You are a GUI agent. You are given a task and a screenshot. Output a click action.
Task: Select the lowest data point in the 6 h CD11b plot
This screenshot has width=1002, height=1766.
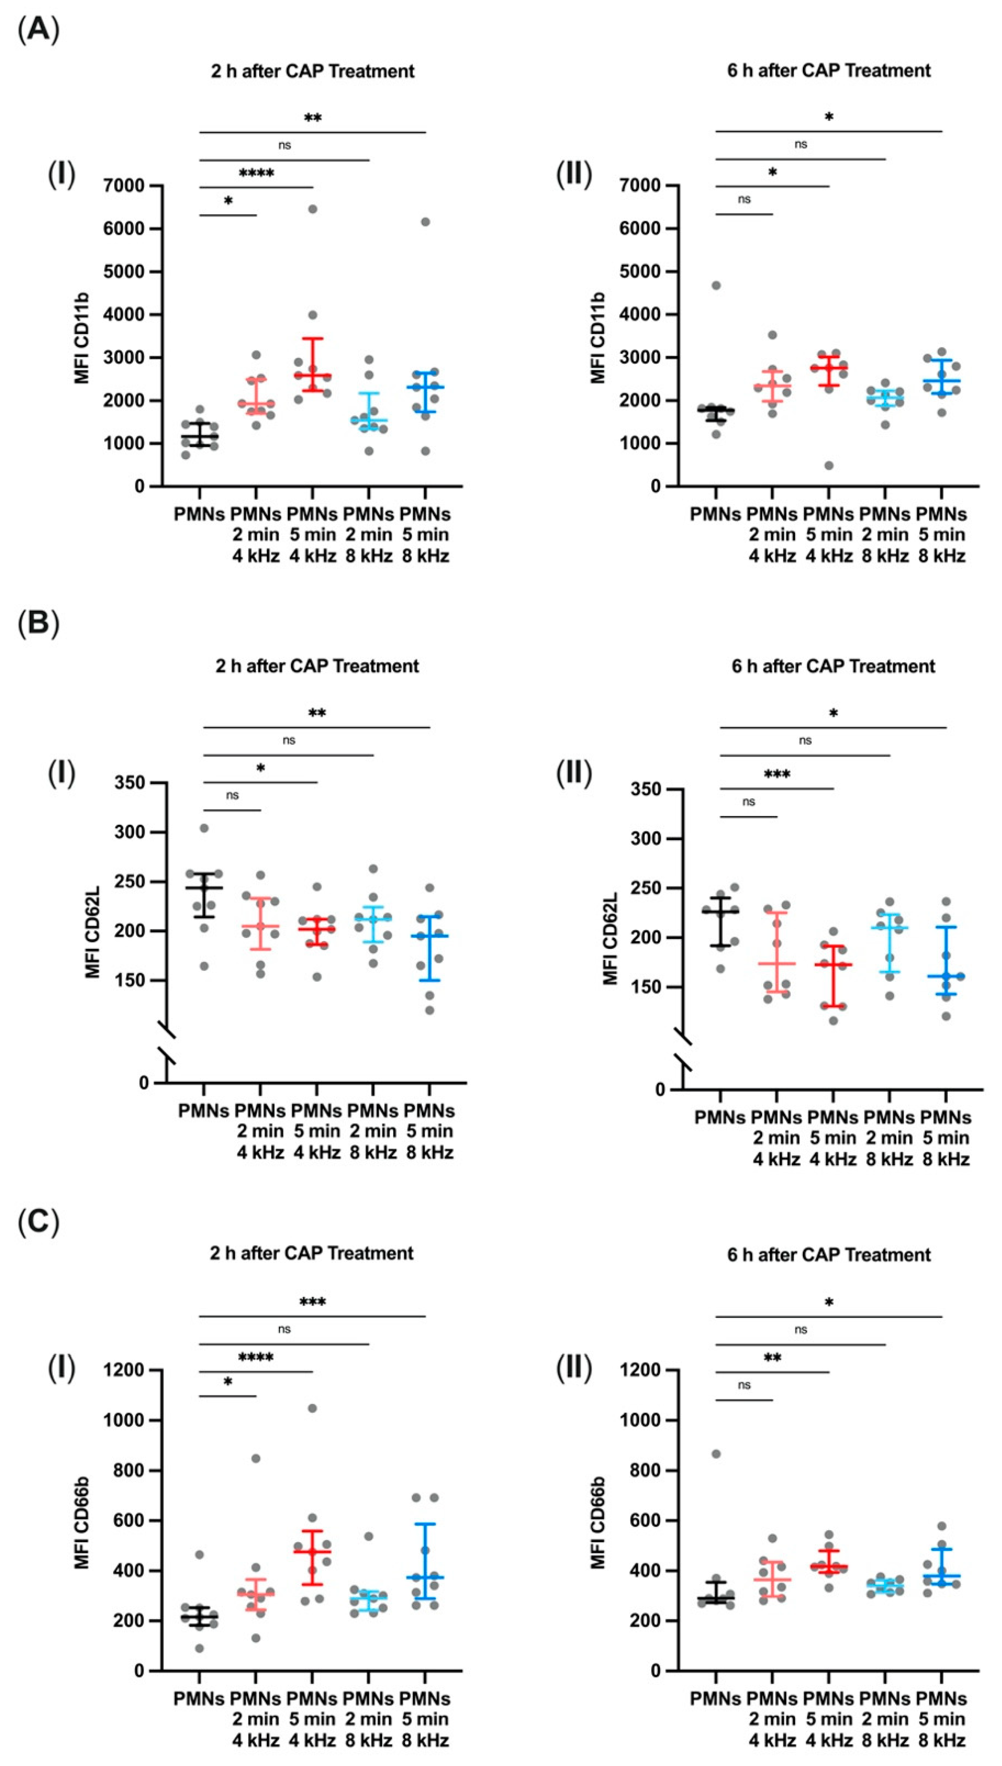pos(829,466)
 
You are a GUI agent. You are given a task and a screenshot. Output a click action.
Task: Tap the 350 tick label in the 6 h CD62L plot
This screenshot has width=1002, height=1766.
pos(647,789)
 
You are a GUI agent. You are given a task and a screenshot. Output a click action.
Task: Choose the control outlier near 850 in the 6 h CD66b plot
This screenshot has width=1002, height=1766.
pos(716,1467)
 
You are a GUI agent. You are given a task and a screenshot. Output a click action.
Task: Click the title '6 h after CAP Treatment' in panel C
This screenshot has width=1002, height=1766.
pos(829,1255)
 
